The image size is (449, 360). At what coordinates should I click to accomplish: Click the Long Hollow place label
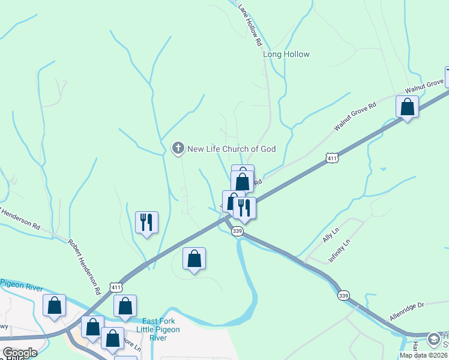pos(286,54)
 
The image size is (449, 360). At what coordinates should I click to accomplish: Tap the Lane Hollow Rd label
pos(250,26)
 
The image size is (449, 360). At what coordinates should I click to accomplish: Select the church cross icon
pos(178,148)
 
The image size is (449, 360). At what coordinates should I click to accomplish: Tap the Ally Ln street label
pos(331,234)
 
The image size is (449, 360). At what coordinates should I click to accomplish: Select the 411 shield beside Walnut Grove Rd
pos(332,158)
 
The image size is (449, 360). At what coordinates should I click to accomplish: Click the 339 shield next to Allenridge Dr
pos(343,295)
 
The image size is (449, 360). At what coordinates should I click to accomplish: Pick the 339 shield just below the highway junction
pos(238,231)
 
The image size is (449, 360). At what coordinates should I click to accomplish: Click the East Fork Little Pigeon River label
pos(158,329)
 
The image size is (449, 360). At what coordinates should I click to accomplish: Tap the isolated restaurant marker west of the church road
pos(146,223)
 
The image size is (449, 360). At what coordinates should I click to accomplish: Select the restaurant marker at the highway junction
pos(244,208)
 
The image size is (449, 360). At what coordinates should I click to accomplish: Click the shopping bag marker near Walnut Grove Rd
pos(407,107)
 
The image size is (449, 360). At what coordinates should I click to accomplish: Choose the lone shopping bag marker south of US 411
pos(194,259)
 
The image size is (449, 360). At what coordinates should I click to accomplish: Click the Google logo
pos(19,353)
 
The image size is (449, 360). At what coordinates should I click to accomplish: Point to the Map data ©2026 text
pos(423,355)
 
